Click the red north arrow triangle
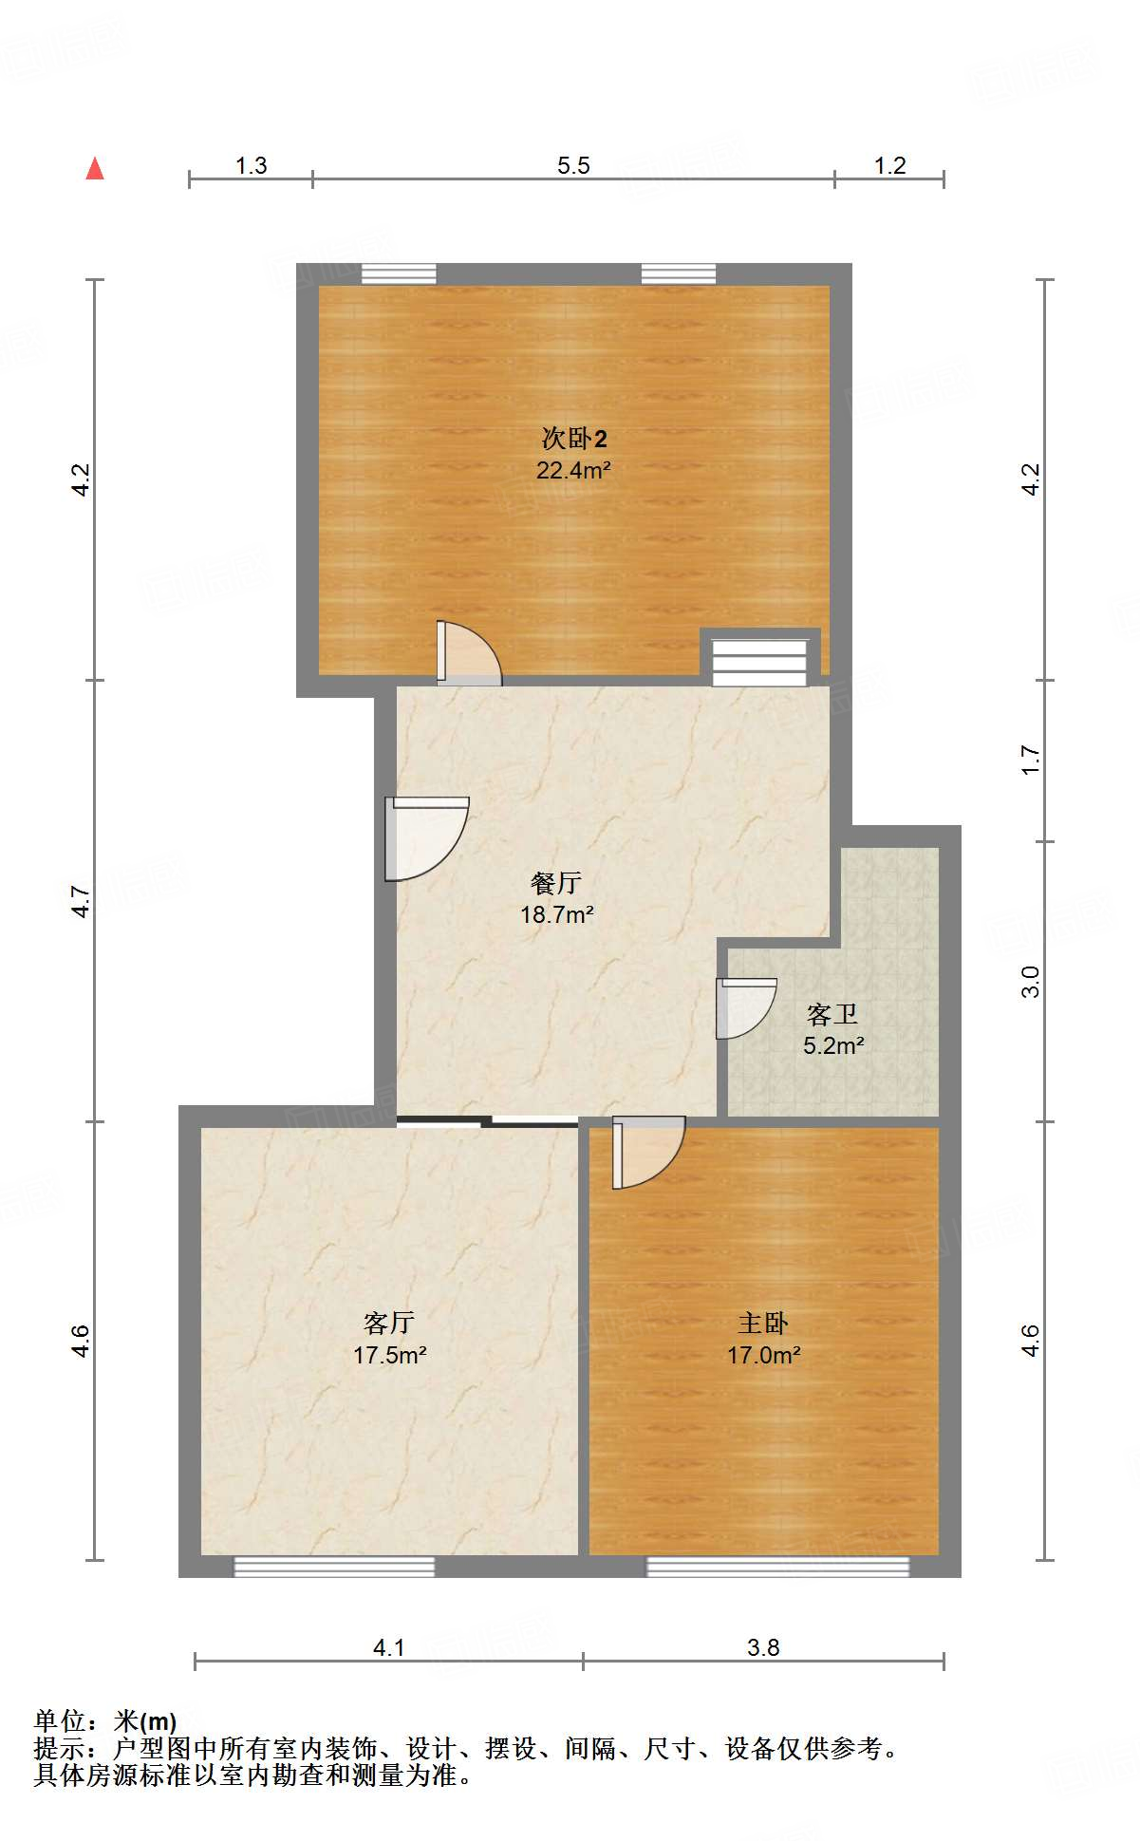(x=95, y=169)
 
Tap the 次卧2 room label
(x=573, y=439)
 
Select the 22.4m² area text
(x=572, y=470)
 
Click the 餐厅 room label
(x=556, y=883)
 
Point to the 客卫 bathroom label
(x=832, y=1015)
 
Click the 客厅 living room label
(x=389, y=1323)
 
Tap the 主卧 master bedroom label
(x=763, y=1323)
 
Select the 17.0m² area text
(x=763, y=1355)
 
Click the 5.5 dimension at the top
(x=573, y=166)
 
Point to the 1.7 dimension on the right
(x=1031, y=761)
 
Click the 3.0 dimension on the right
(x=1031, y=981)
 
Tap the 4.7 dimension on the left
(x=82, y=901)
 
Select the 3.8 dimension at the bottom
(x=763, y=1647)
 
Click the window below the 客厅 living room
(x=334, y=1566)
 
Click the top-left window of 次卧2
(x=399, y=274)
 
